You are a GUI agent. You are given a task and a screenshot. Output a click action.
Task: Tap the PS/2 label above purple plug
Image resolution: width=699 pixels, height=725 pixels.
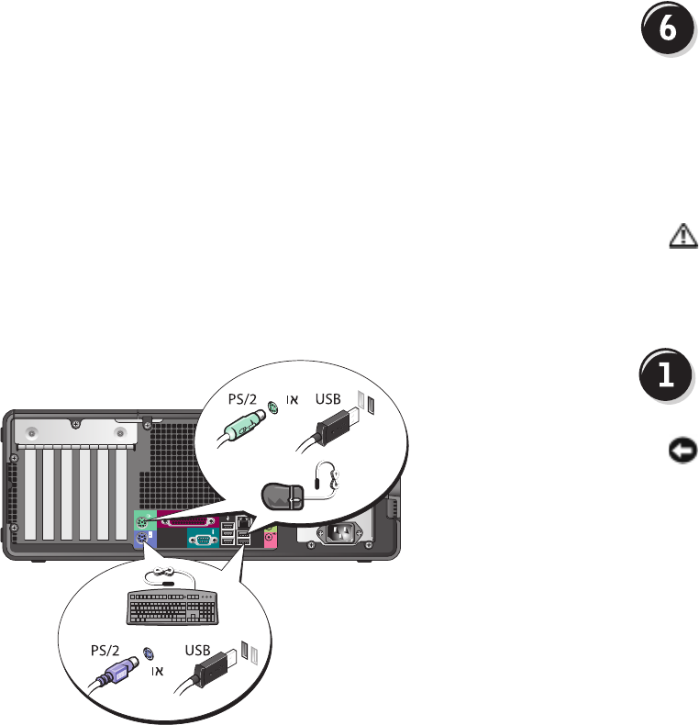105,648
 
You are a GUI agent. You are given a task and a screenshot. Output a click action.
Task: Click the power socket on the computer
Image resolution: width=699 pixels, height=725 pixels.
340,534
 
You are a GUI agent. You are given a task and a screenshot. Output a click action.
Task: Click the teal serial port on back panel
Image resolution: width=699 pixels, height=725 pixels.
201,541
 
